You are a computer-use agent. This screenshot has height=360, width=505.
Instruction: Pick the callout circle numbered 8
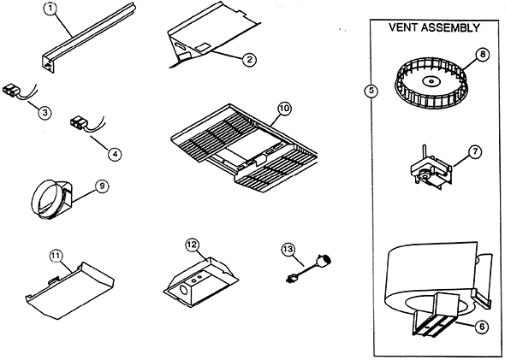tap(484, 54)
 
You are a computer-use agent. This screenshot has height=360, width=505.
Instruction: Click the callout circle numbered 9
tap(102, 185)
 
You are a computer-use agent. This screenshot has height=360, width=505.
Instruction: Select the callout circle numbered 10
tap(284, 109)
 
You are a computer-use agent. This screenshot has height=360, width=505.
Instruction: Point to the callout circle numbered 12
tap(192, 245)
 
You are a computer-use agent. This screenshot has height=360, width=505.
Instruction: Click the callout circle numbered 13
tap(288, 249)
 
